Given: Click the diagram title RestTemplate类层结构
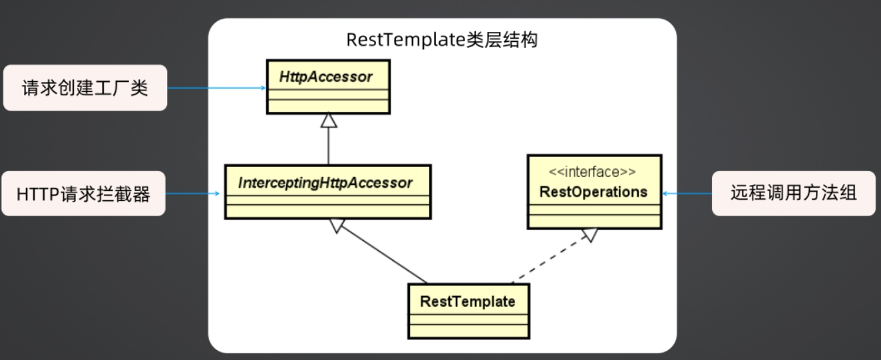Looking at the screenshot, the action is coord(442,40).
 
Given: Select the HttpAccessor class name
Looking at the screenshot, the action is coord(325,77).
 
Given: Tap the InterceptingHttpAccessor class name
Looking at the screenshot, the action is coord(325,183).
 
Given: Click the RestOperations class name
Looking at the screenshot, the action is coord(593,192).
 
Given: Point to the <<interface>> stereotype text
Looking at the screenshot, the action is coord(592,172).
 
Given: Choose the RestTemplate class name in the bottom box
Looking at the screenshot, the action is coord(468,301).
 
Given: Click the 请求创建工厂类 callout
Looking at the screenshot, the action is coord(85,88).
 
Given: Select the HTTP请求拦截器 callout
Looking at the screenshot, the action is coord(83,194).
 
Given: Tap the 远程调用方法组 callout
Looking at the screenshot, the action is coord(794,193).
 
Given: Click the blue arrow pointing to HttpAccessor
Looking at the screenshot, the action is coord(217,88).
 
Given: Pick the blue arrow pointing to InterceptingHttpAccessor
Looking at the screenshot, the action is coord(193,194).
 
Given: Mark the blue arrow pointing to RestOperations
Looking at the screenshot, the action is coord(687,194).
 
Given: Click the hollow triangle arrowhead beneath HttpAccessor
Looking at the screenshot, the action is coord(329,121).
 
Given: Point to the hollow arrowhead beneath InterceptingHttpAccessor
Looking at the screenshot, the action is coord(337,226).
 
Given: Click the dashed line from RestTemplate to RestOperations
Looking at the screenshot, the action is coord(550,260).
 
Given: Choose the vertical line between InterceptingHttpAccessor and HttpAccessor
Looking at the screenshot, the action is coord(329,146).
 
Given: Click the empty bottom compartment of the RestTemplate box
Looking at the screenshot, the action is coord(468,331).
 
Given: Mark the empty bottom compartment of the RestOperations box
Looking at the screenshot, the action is coord(595,221).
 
